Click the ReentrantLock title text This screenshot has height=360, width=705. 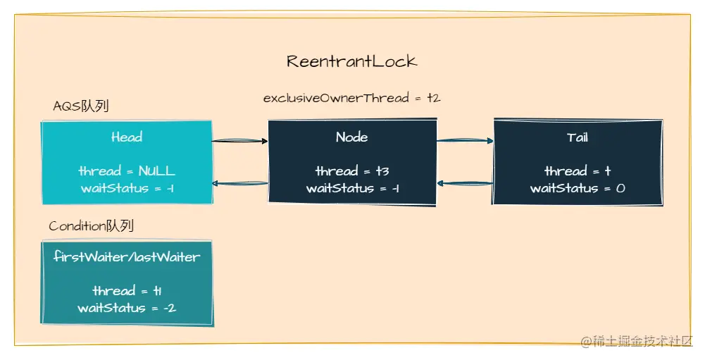pos(351,61)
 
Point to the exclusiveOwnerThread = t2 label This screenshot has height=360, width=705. pos(351,98)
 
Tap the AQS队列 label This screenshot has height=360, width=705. pos(81,106)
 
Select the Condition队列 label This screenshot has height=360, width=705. pos(91,226)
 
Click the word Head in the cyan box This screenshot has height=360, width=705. pos(127,137)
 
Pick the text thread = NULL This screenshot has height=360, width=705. pos(127,171)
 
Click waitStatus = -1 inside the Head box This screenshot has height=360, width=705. pos(127,188)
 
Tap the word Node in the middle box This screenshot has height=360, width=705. pos(351,137)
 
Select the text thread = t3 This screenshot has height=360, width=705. pos(351,171)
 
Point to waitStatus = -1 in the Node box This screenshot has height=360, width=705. pos(351,188)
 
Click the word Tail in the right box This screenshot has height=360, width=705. pos(577,137)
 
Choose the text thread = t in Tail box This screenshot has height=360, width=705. pos(577,171)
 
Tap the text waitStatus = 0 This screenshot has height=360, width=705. pos(577,188)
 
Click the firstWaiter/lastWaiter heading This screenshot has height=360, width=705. pos(127,257)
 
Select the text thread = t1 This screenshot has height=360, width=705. pos(127,291)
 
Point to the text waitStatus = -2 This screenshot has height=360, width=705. pos(127,308)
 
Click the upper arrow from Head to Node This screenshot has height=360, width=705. pos(240,141)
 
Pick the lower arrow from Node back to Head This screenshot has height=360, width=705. pos(240,184)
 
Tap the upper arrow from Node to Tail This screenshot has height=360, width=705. pos(465,141)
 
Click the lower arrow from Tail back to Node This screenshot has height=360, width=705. pos(465,184)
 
